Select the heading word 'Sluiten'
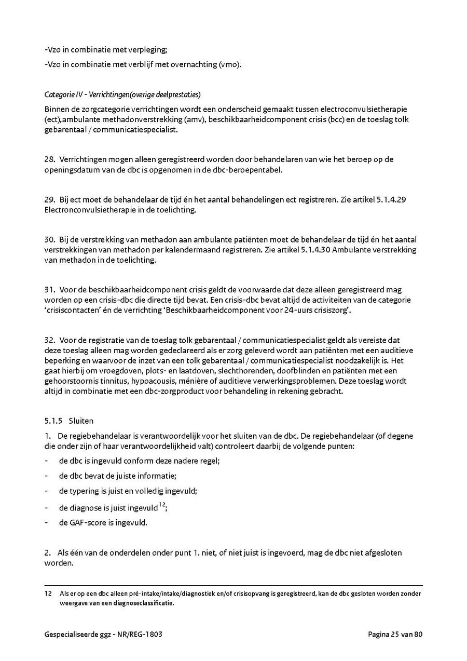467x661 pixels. click(80, 421)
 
